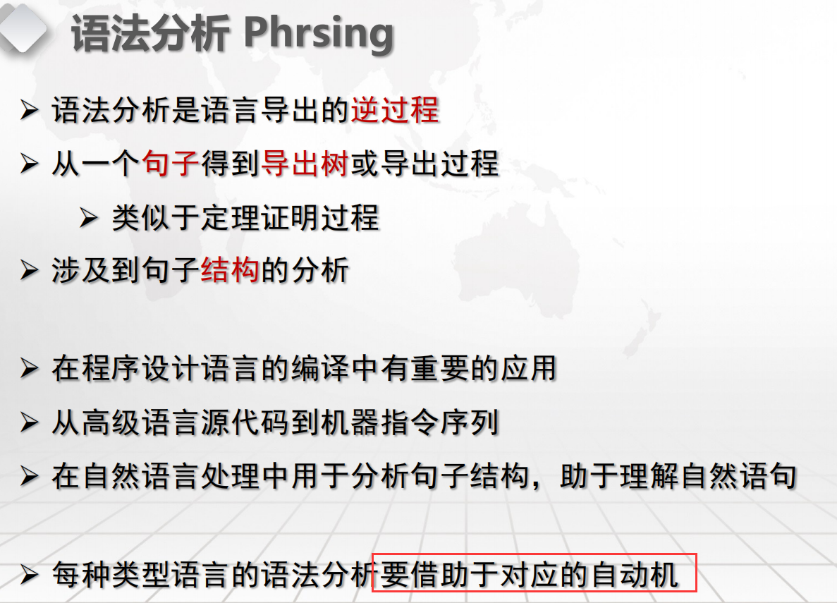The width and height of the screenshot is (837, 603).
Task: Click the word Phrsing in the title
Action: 319,34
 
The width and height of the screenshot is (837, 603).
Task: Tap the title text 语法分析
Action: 150,34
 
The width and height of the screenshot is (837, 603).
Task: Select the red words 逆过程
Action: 395,111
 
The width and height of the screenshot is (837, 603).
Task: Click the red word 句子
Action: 171,164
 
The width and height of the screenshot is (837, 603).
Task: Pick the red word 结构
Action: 230,269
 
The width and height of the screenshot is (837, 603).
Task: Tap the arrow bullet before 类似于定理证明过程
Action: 89,218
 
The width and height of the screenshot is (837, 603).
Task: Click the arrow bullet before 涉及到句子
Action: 29,269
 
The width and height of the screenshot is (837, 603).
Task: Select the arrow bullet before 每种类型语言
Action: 29,575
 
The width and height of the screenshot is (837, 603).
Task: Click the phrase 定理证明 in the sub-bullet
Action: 259,218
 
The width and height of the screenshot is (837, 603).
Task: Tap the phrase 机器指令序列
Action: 410,422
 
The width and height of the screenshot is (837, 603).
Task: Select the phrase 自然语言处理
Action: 171,476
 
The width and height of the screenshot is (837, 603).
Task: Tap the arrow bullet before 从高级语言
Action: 29,422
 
